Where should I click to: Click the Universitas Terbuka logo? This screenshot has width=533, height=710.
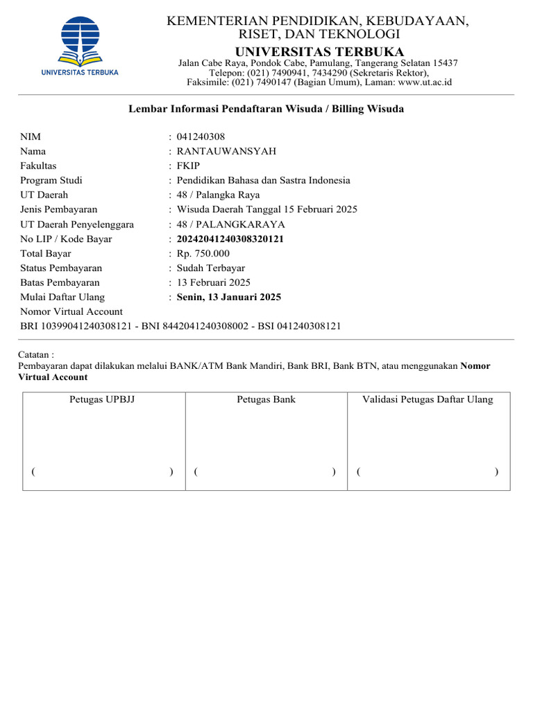(80, 44)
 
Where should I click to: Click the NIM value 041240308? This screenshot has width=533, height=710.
(201, 137)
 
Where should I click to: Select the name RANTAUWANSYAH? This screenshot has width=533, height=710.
(226, 151)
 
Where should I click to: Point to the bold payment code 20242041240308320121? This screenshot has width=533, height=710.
(230, 239)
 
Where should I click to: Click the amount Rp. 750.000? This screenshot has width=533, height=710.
(203, 254)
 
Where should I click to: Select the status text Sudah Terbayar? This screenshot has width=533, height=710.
(211, 268)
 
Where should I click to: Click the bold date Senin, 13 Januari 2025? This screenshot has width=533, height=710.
(229, 297)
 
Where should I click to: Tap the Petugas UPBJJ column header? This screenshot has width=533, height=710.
(102, 399)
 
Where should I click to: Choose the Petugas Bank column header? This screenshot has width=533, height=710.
(266, 399)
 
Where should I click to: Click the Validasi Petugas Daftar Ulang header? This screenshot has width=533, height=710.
(428, 399)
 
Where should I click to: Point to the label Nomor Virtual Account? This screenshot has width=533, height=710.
(71, 312)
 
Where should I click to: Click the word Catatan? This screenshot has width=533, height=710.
(33, 354)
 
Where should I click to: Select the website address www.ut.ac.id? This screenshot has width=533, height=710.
(425, 82)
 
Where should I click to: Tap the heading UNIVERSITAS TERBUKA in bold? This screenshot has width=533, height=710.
(319, 52)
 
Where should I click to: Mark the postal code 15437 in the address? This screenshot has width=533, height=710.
(444, 63)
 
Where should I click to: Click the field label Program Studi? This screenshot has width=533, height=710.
(51, 180)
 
